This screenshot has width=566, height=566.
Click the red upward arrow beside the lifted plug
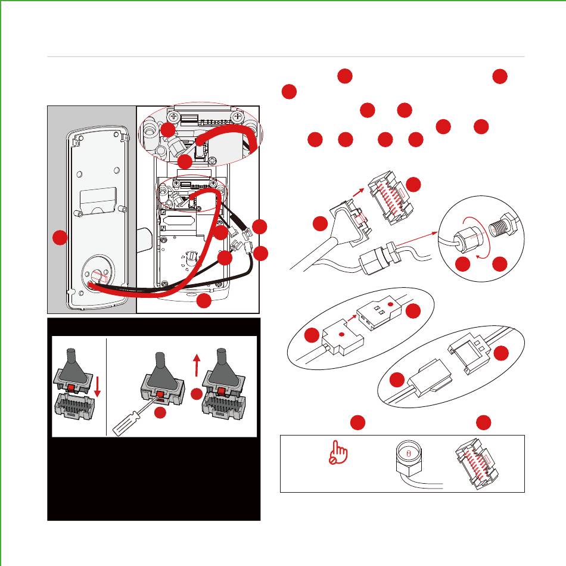[197, 362]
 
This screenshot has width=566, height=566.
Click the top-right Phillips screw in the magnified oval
[238, 116]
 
